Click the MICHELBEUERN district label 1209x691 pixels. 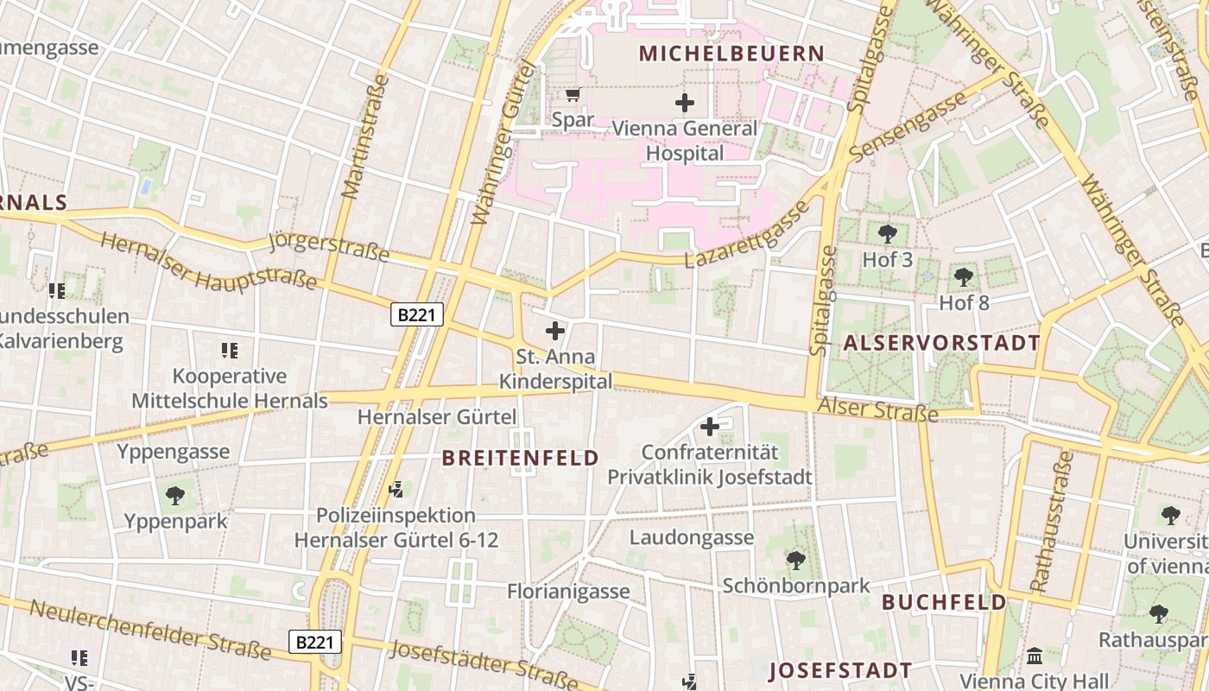tap(731, 54)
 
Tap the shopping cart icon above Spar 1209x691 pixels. tap(573, 94)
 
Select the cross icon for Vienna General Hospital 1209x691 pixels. tap(685, 103)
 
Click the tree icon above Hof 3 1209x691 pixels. tap(887, 233)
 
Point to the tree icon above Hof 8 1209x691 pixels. tap(964, 277)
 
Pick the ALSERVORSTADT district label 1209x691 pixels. tap(941, 343)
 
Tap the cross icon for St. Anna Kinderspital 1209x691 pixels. tap(555, 331)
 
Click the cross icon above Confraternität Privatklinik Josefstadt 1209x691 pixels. tap(710, 427)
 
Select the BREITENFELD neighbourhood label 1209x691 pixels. tap(521, 458)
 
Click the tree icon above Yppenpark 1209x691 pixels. tap(175, 496)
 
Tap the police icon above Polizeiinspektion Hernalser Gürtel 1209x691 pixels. tap(396, 490)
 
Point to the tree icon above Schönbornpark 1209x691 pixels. tap(796, 561)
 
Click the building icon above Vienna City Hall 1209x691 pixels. tap(1035, 656)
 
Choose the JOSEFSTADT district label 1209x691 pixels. tap(839, 670)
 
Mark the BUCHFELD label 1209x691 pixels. tap(944, 602)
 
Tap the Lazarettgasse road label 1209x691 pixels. tap(748, 235)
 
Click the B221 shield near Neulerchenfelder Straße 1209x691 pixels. tap(314, 642)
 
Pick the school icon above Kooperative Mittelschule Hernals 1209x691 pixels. tap(230, 351)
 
